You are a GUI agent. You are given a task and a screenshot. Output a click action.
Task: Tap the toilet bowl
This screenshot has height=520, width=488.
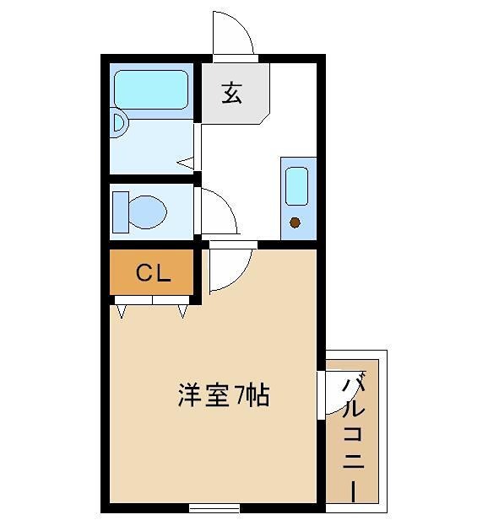(149, 211)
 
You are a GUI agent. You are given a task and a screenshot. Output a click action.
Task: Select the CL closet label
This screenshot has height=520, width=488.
(155, 272)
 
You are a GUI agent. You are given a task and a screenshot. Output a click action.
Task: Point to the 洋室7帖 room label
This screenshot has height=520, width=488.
(224, 395)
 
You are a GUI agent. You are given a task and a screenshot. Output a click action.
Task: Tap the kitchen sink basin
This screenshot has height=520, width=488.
(296, 186)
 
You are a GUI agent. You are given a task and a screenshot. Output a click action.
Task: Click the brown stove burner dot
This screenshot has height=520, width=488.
(296, 222)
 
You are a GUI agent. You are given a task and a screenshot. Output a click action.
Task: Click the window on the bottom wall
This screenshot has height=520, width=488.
(214, 508)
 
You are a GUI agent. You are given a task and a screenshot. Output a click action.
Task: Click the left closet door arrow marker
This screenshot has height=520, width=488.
(122, 311)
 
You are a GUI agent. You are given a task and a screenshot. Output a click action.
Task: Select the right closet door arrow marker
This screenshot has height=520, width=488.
(183, 311)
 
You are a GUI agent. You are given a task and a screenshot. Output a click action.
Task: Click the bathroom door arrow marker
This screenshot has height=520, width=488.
(187, 162)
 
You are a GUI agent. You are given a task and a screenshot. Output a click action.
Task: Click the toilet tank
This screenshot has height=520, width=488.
(119, 211)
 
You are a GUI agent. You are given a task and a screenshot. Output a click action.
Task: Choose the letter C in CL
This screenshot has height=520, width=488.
(144, 272)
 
